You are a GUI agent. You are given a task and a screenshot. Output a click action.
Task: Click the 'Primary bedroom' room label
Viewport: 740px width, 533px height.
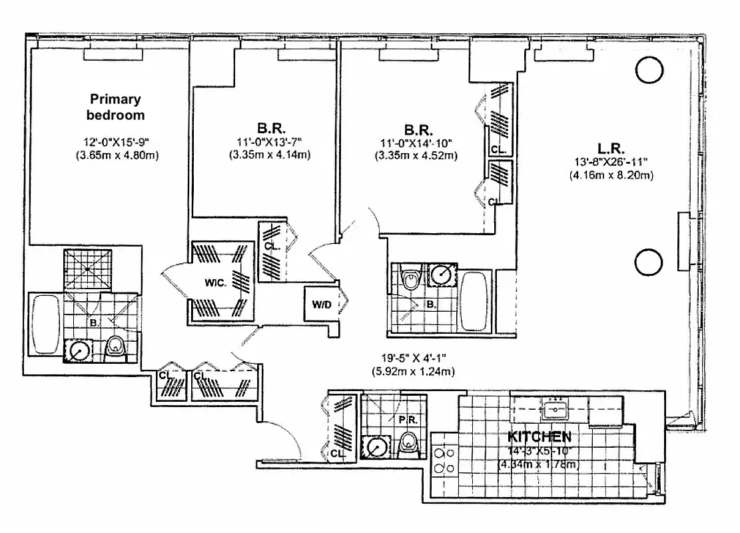tap(116, 107)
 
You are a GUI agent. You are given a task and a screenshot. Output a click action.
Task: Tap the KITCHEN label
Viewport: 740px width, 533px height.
tap(539, 437)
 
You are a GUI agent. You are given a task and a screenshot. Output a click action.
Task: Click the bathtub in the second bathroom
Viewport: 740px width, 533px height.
tap(475, 300)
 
